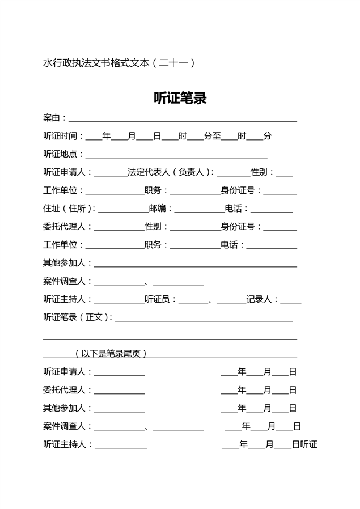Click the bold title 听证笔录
click(x=180, y=99)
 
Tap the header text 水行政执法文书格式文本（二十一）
click(x=119, y=63)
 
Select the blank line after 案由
click(x=183, y=119)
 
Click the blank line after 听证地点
click(x=176, y=155)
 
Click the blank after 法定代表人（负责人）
click(x=233, y=173)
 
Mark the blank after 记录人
click(x=290, y=300)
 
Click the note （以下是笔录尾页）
click(x=111, y=354)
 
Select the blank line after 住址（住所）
click(x=123, y=210)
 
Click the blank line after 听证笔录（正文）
click(x=204, y=319)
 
